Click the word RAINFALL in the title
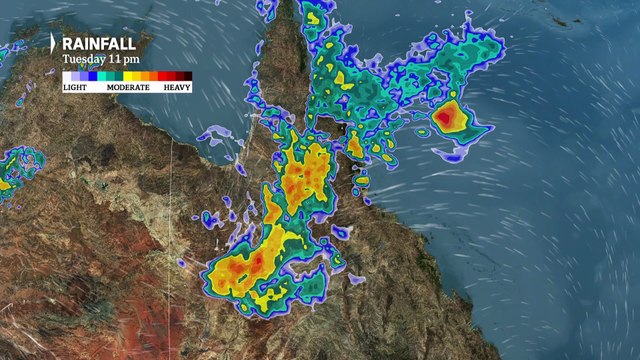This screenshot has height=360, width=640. tap(100, 44)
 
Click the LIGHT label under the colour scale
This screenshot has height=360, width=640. tap(74, 88)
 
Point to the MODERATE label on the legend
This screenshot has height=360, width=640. tap(127, 88)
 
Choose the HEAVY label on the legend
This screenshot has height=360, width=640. tap(178, 88)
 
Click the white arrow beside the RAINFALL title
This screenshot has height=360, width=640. tap(53, 44)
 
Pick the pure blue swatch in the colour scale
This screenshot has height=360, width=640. tap(92, 76)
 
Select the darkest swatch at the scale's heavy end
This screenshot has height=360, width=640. tap(186, 76)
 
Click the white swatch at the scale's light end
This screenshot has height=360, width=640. tap(66, 76)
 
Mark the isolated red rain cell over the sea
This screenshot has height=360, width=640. tap(447, 118)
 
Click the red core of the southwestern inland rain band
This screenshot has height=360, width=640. tap(257, 262)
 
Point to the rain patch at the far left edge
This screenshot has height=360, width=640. tap(14, 170)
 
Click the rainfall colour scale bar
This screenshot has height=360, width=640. tap(126, 76)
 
